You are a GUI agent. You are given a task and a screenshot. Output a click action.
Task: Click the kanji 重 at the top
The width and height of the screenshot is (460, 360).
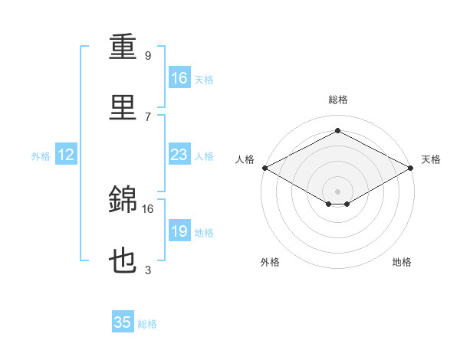123,46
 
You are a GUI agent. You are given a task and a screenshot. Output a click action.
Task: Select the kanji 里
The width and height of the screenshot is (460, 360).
123,107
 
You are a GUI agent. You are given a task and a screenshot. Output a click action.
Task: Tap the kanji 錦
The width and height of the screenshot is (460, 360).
123,198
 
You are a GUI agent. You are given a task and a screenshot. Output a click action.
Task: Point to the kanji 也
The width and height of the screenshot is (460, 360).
123,260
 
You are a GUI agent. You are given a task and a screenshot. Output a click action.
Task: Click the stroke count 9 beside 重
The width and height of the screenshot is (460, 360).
148,55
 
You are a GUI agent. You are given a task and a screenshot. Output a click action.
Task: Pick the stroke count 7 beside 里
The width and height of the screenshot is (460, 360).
148,117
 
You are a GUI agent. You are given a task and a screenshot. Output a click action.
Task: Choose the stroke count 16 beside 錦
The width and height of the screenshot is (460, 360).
147,209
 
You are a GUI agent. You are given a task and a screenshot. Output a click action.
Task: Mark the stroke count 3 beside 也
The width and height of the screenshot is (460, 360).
148,270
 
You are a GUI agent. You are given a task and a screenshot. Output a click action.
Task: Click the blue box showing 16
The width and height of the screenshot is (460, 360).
179,77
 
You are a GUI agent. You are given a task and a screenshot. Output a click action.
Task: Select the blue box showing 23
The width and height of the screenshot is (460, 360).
179,154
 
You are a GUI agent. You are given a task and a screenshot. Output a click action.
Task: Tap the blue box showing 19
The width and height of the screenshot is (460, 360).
179,230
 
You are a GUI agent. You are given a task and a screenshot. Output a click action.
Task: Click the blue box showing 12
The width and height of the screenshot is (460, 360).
66,154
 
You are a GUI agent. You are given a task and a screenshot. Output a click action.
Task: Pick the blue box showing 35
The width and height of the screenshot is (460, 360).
123,321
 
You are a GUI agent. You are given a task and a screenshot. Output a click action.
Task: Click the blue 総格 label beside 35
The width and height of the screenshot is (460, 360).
147,324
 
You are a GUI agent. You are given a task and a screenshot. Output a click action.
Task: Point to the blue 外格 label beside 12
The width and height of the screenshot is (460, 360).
41,156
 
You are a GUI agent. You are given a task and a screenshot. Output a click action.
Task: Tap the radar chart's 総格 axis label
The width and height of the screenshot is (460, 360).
338,100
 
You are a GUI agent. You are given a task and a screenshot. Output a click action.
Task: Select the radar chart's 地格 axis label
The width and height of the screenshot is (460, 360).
402,262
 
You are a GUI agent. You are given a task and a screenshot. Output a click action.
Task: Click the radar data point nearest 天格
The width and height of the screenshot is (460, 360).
411,168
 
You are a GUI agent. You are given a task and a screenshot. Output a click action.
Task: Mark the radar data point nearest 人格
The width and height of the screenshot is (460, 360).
265,168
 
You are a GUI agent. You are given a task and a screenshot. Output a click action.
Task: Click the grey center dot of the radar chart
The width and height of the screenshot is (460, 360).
337,191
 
